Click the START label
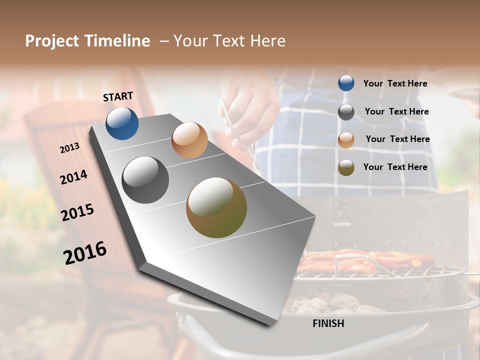click(x=118, y=96)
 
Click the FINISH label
click(x=328, y=323)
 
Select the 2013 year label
click(x=69, y=148)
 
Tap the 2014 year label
click(x=73, y=177)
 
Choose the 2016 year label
click(x=85, y=253)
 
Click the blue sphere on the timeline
click(x=122, y=123)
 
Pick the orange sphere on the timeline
click(x=189, y=140)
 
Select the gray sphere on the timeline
click(x=145, y=180)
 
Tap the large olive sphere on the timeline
click(x=216, y=207)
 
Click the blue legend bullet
click(x=346, y=83)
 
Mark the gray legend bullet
click(x=346, y=112)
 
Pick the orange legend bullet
click(x=346, y=139)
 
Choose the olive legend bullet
click(x=346, y=167)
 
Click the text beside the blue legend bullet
click(x=395, y=83)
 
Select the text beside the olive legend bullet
click(x=395, y=167)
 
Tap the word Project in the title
click(x=52, y=41)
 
